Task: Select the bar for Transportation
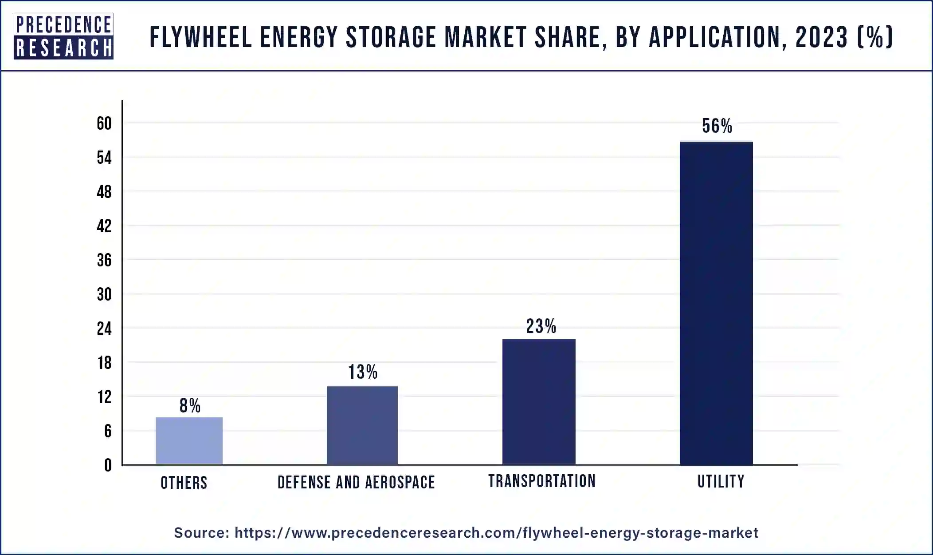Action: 538,402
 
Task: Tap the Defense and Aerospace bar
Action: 362,425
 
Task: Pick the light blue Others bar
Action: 189,440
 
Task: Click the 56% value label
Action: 717,126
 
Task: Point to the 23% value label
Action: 541,326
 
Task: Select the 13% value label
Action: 362,372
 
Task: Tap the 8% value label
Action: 190,406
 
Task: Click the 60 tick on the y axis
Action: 104,123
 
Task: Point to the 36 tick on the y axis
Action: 104,260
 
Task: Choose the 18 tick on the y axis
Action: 104,363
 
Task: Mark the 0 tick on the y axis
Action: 108,465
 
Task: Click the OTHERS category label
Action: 184,483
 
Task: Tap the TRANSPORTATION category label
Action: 542,481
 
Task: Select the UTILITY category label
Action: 721,481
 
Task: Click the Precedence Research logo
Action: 63,36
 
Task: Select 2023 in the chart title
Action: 821,37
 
